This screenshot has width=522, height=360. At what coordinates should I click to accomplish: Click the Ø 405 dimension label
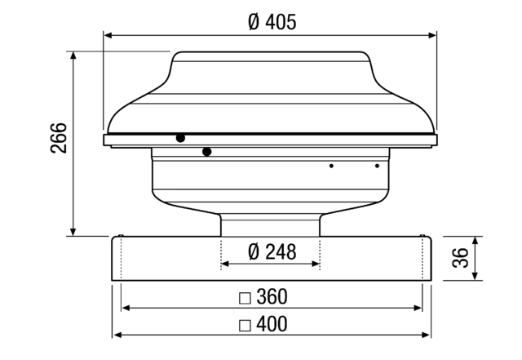[272, 22]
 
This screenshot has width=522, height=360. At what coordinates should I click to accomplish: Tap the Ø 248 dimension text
[272, 251]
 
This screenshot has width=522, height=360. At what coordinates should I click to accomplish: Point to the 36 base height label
[461, 259]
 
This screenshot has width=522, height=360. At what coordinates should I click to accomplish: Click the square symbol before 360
[245, 297]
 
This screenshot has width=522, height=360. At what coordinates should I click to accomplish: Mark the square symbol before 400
[245, 325]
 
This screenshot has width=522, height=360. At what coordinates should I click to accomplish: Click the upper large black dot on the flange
[180, 138]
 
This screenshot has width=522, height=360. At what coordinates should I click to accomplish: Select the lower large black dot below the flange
[207, 151]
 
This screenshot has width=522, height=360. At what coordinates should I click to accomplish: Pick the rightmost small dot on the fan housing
[377, 166]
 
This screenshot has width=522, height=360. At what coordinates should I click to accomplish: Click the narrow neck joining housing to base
[270, 225]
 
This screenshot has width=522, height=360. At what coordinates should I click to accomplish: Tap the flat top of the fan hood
[269, 54]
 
